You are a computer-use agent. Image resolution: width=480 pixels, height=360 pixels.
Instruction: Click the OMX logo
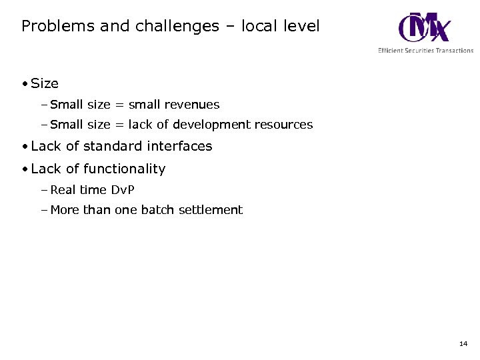424,27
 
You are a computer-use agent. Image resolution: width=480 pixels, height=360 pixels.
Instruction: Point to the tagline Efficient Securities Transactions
425,51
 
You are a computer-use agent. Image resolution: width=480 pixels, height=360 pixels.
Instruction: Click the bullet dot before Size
24,84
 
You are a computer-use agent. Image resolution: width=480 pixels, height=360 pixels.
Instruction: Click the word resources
283,125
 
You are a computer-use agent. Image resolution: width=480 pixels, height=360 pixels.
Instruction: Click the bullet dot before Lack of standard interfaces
24,147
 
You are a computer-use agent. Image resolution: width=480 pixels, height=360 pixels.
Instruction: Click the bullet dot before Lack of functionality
24,169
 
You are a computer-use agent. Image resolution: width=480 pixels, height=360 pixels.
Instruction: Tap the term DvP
122,190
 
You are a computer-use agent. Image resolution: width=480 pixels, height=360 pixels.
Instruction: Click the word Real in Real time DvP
63,190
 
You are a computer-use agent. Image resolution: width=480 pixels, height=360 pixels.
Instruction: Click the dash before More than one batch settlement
44,210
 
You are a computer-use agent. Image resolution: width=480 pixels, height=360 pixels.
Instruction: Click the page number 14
463,344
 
